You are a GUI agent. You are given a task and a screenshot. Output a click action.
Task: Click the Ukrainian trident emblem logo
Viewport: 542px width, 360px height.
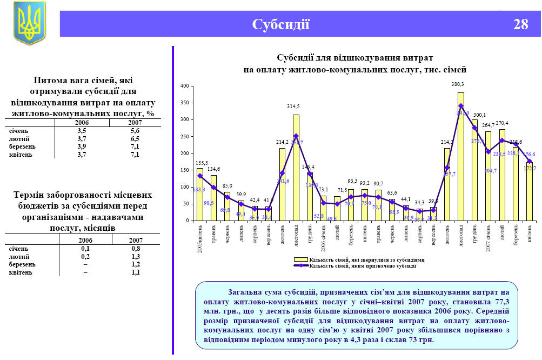click(x=29, y=23)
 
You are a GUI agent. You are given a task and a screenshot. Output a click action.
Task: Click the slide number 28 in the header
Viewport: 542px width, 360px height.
click(x=520, y=24)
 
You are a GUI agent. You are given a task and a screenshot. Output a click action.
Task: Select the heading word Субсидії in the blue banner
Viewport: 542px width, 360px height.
click(x=280, y=24)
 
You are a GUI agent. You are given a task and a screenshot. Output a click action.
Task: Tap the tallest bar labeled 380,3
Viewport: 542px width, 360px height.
click(x=461, y=157)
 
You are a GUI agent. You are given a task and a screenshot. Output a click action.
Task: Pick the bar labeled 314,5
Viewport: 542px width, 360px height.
click(x=296, y=168)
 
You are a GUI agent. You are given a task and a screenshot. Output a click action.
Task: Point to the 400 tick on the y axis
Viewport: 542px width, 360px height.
click(x=185, y=86)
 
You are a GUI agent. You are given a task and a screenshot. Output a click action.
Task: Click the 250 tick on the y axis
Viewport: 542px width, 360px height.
click(x=185, y=136)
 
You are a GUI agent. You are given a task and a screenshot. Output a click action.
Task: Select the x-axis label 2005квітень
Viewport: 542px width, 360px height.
click(x=200, y=238)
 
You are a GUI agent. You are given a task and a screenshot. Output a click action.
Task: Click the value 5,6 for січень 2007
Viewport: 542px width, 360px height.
click(x=135, y=131)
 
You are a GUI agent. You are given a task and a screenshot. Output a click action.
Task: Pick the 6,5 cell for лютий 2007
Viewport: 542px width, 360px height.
click(x=135, y=138)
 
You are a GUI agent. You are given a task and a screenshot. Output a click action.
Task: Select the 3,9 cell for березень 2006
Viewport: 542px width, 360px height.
click(x=82, y=146)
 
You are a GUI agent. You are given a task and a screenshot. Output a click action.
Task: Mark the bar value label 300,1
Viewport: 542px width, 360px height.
click(x=479, y=115)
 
